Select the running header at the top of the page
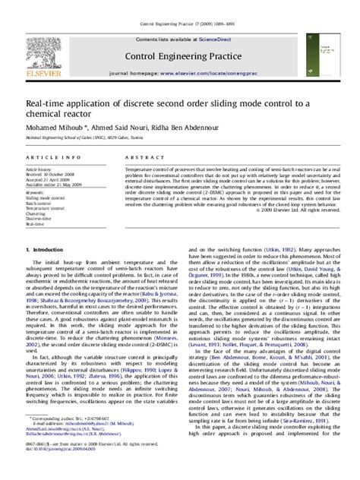(179, 5)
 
